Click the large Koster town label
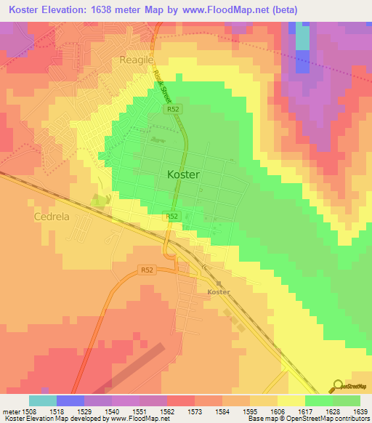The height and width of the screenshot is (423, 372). coord(183,174)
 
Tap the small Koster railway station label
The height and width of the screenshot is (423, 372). coord(218,292)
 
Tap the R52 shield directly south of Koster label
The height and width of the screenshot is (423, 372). coord(171,217)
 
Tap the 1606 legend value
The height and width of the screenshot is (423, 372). coord(290,411)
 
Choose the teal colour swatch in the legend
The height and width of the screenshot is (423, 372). coord(42,400)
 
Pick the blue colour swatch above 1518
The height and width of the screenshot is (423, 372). coord(70,400)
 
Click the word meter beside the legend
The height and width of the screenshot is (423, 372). coord(11,411)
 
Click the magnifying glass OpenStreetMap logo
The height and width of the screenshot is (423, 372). coord(339,386)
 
